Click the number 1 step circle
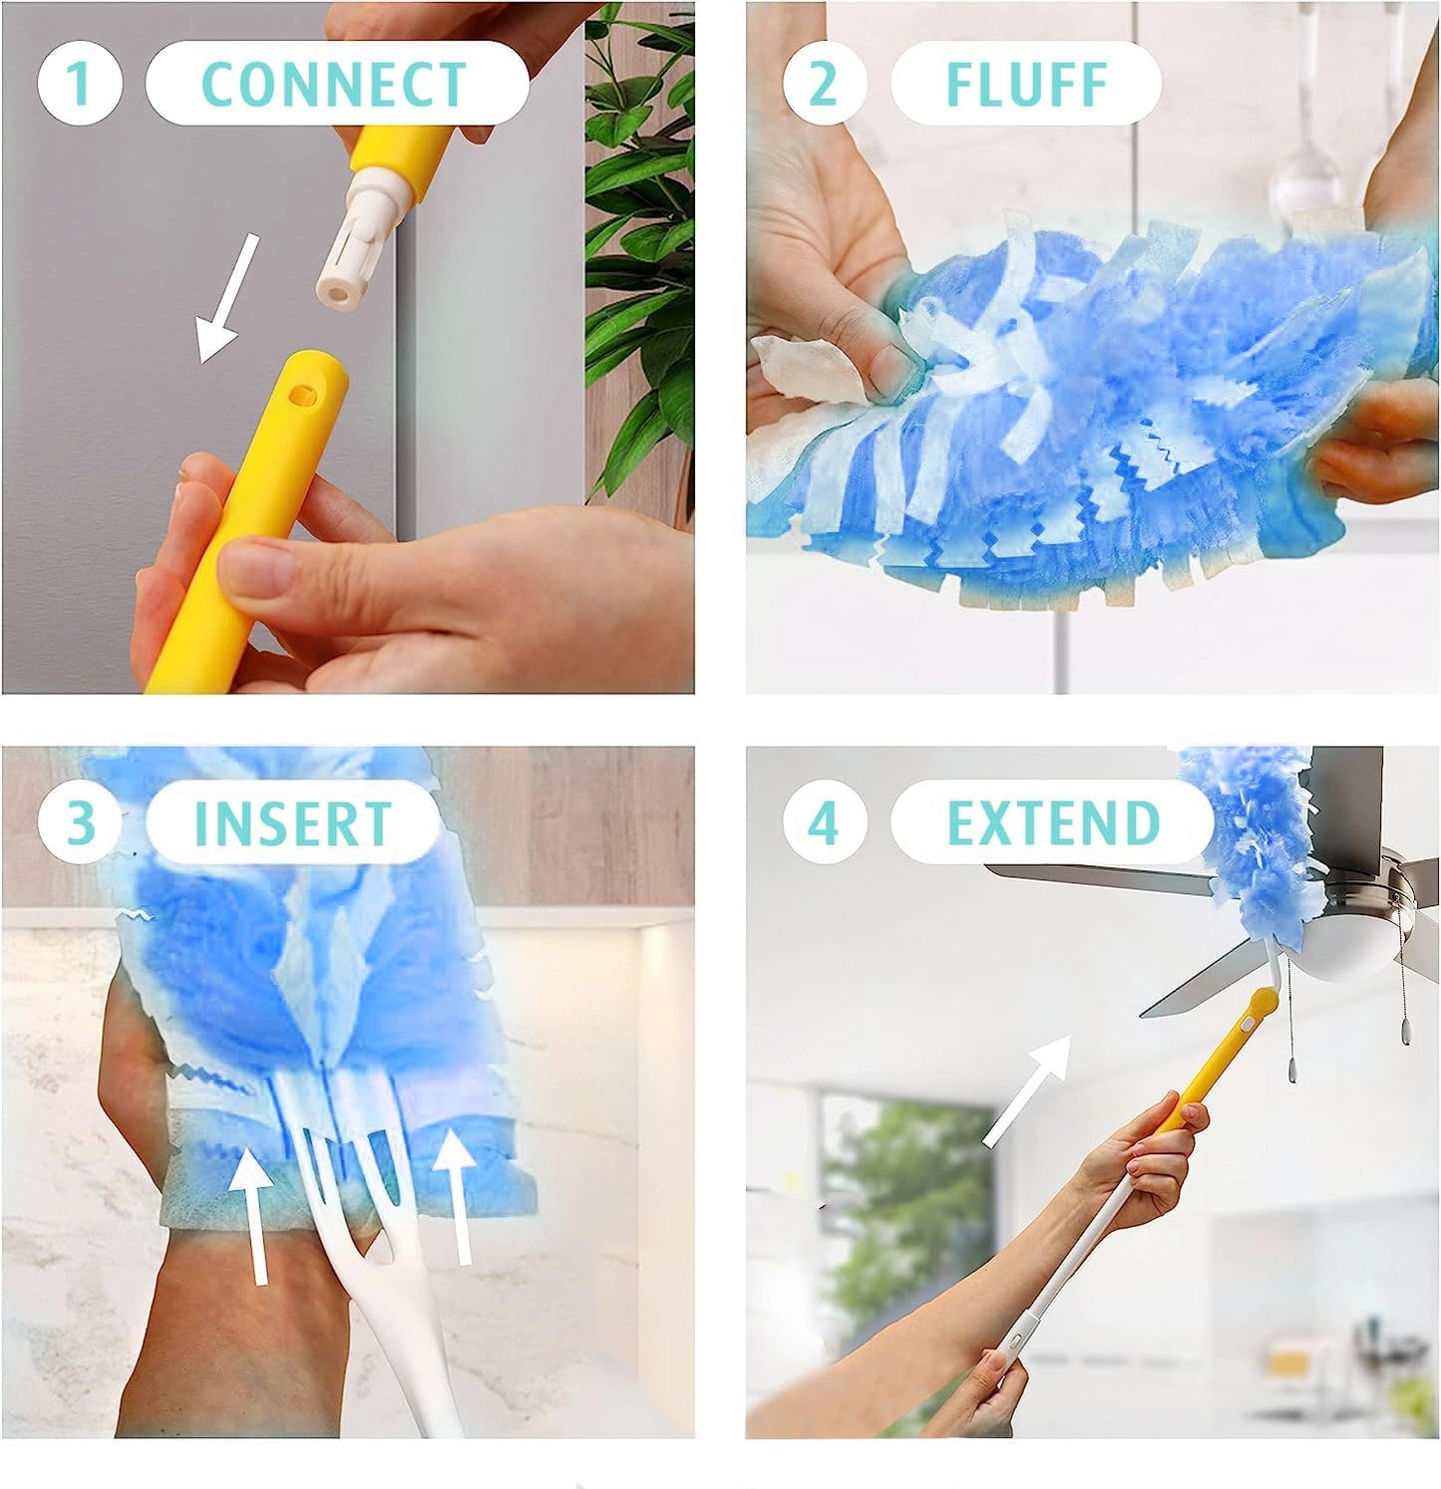pyautogui.click(x=80, y=83)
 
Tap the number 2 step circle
pyautogui.click(x=824, y=83)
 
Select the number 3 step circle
pyautogui.click(x=80, y=822)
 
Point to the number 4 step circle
pyautogui.click(x=824, y=822)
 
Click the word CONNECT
pyautogui.click(x=334, y=84)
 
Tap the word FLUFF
pyautogui.click(x=1026, y=84)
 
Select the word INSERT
pyautogui.click(x=292, y=823)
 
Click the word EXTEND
pyautogui.click(x=1053, y=823)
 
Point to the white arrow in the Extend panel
pyautogui.click(x=1026, y=1090)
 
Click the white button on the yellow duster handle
pyautogui.click(x=1247, y=1023)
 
